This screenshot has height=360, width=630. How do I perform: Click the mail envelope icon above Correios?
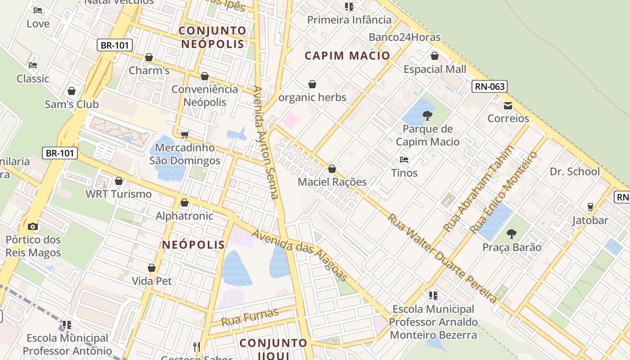[x=508, y=106]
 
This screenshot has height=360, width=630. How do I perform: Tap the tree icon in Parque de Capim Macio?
[x=427, y=116]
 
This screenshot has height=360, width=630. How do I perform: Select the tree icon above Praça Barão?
[x=511, y=234]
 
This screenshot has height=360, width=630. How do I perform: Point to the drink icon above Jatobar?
[x=590, y=207]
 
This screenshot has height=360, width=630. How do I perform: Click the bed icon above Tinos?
[x=404, y=159]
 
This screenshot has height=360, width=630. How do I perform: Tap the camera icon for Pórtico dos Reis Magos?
[x=33, y=226]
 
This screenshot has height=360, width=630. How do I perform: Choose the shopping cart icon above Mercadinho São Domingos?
[x=184, y=135]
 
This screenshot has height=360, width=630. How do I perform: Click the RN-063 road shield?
[x=490, y=86]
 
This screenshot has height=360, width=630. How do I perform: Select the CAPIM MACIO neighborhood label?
[x=347, y=56]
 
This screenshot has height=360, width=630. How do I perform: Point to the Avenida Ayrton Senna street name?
[x=266, y=142]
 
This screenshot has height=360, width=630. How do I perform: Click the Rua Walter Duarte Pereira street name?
[x=443, y=258]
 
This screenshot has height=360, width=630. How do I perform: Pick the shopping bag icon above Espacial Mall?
[x=435, y=56]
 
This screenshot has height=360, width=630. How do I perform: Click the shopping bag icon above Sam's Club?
[x=72, y=91]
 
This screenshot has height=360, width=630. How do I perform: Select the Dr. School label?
[x=575, y=171]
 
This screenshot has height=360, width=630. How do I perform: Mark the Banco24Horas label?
[x=405, y=37]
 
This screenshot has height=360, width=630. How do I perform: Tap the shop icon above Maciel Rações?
[x=332, y=169]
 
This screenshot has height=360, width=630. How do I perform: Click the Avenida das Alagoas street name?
[x=300, y=255]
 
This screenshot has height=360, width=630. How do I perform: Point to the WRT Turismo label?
[x=119, y=194]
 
